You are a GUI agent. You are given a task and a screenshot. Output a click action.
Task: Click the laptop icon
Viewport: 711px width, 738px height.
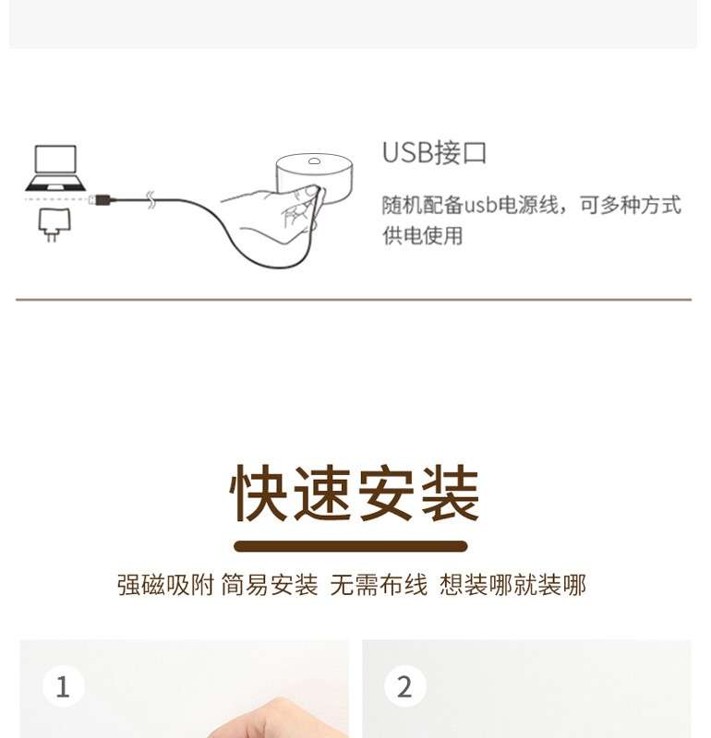pos(55,168)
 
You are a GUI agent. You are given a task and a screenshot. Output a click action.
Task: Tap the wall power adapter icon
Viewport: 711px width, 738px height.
pos(54,225)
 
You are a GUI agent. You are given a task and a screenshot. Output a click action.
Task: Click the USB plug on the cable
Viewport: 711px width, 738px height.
pos(102,199)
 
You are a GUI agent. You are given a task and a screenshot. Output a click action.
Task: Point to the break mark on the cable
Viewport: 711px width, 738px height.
pos(151,200)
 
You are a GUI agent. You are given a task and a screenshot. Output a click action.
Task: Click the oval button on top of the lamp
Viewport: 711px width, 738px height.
pos(314,161)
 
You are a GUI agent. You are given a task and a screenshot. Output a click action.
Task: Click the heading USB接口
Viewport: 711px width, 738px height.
pos(434,152)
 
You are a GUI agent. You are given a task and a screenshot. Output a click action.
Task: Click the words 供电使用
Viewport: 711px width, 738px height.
pos(422,235)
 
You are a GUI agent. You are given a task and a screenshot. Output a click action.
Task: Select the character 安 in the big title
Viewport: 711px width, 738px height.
pos(386,493)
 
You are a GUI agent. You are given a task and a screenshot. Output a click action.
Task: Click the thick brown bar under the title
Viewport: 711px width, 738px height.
pos(351,546)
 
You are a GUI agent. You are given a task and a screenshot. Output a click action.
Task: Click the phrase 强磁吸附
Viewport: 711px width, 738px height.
pos(165,585)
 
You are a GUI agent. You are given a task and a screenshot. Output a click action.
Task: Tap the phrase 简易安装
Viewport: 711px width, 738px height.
pos(270,585)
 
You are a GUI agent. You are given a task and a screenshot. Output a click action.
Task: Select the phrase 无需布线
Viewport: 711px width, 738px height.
pos(379,585)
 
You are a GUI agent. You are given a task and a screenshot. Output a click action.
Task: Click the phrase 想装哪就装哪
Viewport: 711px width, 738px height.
pos(512,585)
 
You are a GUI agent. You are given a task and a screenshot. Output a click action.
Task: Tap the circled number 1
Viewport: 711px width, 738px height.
pos(64,686)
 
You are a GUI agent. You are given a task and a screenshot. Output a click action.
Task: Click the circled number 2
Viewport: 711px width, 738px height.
pos(405,686)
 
